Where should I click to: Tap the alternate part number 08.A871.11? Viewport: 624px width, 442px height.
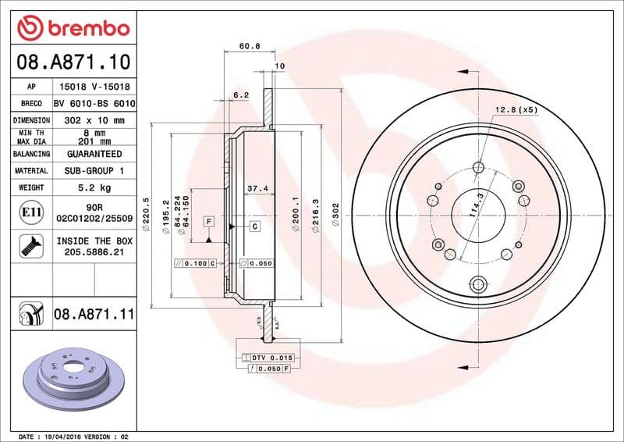point(94,315)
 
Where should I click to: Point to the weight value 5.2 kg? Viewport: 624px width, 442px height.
point(94,187)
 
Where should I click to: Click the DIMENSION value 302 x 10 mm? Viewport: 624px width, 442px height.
point(94,120)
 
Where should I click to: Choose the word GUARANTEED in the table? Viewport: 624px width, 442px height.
point(94,154)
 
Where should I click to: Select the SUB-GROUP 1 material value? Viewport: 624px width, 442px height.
point(94,170)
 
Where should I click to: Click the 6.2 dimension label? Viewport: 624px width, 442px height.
point(241,95)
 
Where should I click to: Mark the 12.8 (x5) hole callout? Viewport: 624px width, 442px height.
point(516,110)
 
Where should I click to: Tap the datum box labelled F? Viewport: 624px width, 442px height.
point(209,222)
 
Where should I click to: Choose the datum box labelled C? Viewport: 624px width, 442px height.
point(254,226)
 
